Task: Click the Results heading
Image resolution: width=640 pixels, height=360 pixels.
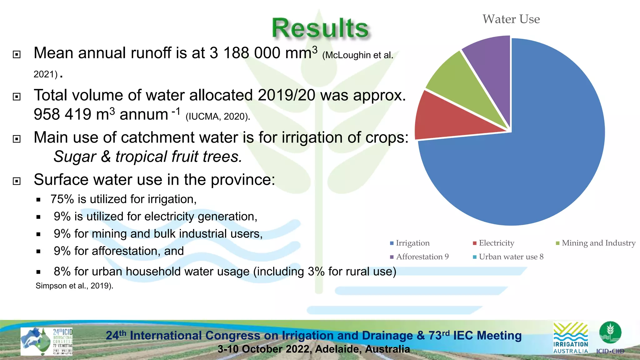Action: [320, 28]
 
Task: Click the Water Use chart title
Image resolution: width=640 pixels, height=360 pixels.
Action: [511, 19]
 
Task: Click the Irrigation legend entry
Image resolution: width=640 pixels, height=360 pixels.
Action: [412, 243]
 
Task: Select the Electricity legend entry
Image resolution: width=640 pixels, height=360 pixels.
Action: [496, 243]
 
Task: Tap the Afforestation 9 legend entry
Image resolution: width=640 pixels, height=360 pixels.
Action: [422, 257]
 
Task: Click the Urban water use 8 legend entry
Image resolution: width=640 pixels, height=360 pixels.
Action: [511, 257]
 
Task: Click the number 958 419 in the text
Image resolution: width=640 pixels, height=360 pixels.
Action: [62, 115]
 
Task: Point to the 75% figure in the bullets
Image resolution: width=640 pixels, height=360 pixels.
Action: [62, 199]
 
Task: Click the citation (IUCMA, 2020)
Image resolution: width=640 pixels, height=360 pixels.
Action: [218, 117]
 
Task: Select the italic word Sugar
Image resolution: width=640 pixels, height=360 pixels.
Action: [75, 157]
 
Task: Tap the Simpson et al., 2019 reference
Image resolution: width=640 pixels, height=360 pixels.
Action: [74, 286]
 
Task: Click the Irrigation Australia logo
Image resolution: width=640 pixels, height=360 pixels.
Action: [570, 338]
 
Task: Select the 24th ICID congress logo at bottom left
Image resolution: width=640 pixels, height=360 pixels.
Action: [46, 341]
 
